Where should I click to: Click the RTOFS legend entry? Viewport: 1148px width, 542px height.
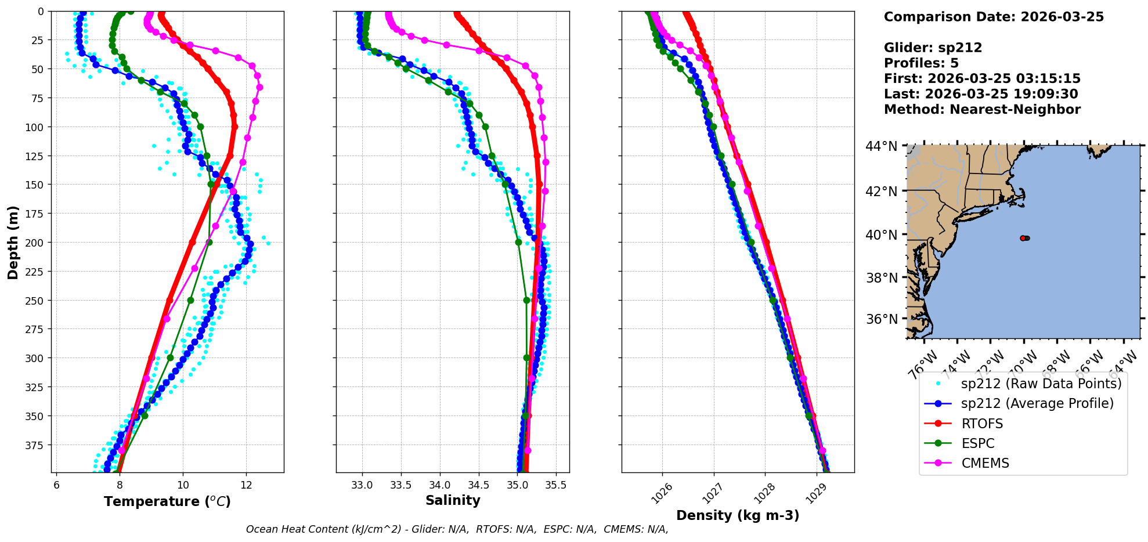[x=981, y=424]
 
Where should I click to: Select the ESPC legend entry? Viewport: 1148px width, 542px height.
[x=977, y=443]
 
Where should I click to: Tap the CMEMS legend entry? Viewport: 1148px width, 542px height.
[x=985, y=463]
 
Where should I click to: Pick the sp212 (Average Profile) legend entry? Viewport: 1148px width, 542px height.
[x=1037, y=403]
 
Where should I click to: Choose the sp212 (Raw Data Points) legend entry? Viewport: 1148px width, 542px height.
[x=1041, y=384]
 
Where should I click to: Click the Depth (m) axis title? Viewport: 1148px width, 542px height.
[x=13, y=242]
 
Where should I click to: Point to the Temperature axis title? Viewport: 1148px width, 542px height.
[x=167, y=501]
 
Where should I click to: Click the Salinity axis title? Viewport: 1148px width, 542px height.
[x=453, y=500]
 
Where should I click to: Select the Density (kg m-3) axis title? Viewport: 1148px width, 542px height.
[x=738, y=515]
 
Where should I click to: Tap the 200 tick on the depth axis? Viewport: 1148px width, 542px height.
[x=36, y=243]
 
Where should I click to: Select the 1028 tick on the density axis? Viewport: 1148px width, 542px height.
[x=764, y=492]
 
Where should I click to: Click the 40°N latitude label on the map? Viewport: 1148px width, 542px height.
[x=882, y=235]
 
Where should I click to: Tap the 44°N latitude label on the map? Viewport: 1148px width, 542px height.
[x=882, y=146]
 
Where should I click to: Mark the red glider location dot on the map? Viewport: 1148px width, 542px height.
[x=1023, y=238]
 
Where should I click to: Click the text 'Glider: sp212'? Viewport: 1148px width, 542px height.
[x=933, y=48]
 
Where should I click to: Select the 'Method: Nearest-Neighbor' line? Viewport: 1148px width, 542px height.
[x=982, y=109]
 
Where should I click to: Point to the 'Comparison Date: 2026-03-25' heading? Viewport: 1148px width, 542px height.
[x=994, y=17]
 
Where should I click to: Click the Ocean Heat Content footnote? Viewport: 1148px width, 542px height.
[x=457, y=529]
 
